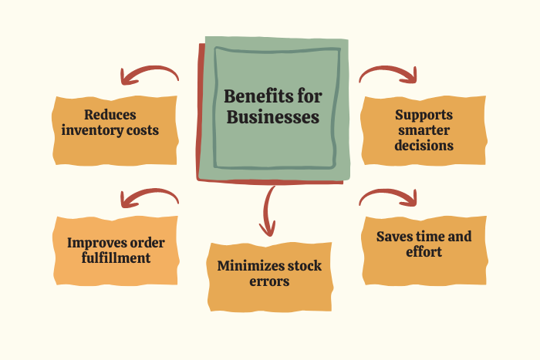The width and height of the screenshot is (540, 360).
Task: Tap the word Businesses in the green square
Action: [x=272, y=118]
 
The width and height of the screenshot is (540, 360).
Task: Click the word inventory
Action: [x=98, y=130]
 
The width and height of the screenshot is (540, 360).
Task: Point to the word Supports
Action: [x=422, y=115]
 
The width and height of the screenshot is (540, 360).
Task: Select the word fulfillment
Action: [x=116, y=258]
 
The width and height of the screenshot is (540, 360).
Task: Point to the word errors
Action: [x=269, y=281]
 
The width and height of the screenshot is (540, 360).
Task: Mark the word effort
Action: [x=423, y=252]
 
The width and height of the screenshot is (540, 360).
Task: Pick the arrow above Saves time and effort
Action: [x=389, y=197]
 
